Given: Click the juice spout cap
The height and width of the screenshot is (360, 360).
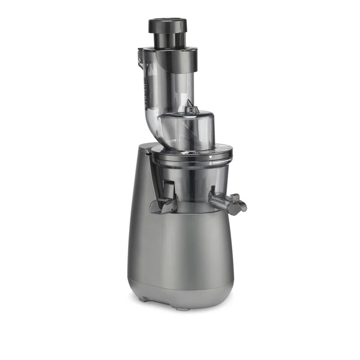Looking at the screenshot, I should coord(237,204).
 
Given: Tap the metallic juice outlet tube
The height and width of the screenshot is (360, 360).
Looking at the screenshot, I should coord(220,201).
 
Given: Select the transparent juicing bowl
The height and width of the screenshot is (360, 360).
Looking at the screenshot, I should coord(193,189).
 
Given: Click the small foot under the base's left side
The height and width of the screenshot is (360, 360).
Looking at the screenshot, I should coord(143,299).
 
